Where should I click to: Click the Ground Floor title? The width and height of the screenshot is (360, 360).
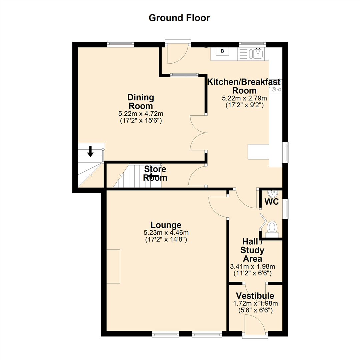[179, 18]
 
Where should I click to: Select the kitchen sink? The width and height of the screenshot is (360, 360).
[258, 53]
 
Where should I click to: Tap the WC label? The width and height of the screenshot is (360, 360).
[271, 202]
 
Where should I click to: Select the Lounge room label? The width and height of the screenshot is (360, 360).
[166, 225]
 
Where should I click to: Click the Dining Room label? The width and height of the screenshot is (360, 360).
[141, 102]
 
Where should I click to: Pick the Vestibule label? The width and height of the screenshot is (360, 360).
[255, 296]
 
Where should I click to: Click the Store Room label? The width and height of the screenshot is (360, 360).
[155, 173]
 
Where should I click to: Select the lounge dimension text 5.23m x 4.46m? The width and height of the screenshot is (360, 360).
[166, 233]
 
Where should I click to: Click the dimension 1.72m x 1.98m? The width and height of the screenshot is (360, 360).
[255, 303]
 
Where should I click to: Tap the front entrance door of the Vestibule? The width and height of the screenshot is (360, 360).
[255, 325]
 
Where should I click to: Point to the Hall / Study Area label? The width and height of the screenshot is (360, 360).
[252, 250]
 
